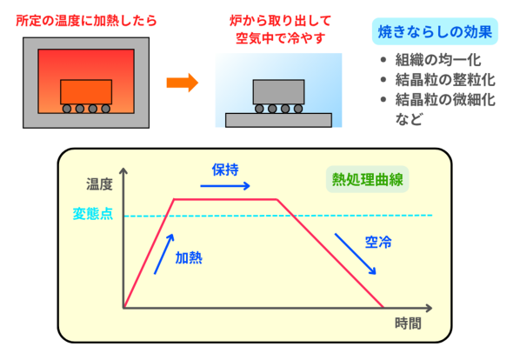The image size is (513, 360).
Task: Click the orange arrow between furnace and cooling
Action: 183,83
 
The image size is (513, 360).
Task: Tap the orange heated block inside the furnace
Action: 86,92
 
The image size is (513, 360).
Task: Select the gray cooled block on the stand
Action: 278,92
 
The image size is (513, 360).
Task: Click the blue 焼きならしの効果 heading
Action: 435,32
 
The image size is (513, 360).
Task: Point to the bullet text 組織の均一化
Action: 438,60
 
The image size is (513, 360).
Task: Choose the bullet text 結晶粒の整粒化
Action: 445,79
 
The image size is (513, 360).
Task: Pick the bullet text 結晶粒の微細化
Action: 445,99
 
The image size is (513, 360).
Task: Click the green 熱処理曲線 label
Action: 368,179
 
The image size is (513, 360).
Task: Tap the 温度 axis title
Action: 99,184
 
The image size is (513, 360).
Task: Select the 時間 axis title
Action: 408,323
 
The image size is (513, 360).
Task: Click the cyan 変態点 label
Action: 93,214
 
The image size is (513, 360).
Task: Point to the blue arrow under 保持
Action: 225,186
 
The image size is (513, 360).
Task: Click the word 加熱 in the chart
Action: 189,258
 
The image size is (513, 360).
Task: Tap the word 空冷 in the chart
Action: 378,243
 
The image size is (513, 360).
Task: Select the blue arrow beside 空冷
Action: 355,254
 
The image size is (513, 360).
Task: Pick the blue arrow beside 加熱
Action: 164,254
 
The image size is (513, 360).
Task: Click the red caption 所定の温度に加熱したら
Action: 86,21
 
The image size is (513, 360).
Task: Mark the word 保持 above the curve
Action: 225,170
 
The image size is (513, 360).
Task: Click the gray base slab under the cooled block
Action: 278,120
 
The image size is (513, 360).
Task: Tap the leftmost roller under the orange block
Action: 67,109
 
